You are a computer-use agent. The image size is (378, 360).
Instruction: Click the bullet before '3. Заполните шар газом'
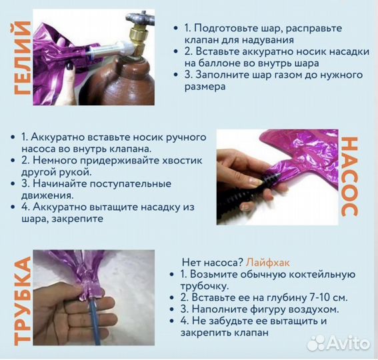click(x=175, y=75)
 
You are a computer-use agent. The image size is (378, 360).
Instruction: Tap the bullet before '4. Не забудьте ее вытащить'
click(x=175, y=321)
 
